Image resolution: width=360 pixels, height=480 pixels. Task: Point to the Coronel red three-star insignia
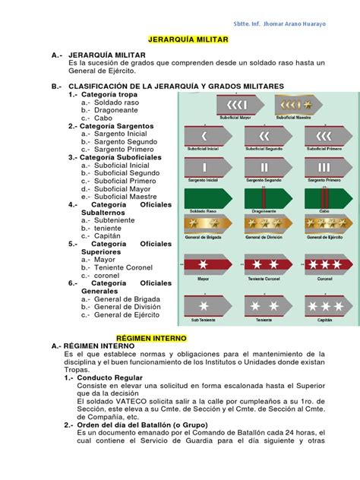click(x=324, y=264)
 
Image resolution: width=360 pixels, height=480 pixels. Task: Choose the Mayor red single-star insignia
click(x=204, y=264)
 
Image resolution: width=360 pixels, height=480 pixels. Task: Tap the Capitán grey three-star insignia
click(x=324, y=306)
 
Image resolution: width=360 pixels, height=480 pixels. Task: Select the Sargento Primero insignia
click(x=324, y=166)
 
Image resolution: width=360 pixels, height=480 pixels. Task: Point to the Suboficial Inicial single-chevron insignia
click(x=204, y=136)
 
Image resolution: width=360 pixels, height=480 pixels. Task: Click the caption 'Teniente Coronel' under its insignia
click(x=264, y=278)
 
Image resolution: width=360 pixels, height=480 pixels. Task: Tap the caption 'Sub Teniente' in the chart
click(x=203, y=320)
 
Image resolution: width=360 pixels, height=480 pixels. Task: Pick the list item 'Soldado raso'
click(x=116, y=102)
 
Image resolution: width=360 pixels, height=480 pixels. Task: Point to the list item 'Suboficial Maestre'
click(x=127, y=196)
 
